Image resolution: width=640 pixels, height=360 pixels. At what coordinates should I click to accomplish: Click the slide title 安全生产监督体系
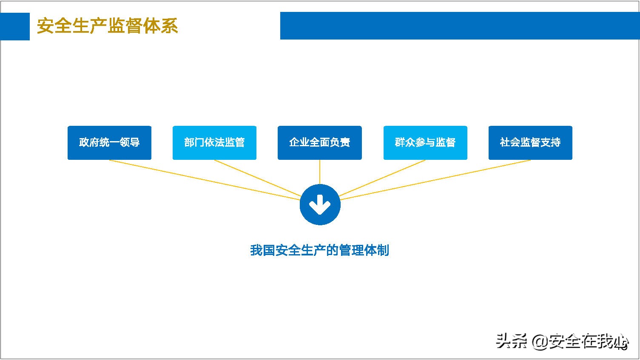point(107,26)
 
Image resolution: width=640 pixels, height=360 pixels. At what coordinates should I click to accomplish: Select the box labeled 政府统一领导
point(109,143)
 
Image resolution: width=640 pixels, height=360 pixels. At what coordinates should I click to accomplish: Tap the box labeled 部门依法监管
point(214,143)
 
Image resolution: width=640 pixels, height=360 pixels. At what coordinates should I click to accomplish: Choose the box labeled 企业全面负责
point(319,143)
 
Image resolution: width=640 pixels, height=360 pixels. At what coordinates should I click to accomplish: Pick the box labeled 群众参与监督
point(425,143)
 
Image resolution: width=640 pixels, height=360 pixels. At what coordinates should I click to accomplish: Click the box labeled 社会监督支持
point(530,143)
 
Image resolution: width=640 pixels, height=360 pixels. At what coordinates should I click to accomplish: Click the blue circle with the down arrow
point(320,205)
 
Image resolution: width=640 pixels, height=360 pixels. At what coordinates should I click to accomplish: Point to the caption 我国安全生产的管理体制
point(319,250)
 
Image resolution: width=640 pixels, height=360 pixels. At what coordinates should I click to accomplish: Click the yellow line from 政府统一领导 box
point(204,179)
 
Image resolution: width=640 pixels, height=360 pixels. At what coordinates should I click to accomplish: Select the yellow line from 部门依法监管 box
point(257,179)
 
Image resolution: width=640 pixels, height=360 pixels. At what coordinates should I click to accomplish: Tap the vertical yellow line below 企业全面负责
point(320,172)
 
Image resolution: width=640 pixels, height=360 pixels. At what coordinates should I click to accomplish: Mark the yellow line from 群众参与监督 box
point(383,178)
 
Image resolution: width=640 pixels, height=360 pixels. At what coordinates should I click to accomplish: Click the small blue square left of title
point(15,26)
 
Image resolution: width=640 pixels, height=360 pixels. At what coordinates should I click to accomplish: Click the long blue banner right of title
point(459,26)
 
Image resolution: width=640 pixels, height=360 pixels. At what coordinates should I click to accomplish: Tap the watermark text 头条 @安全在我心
point(561,341)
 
